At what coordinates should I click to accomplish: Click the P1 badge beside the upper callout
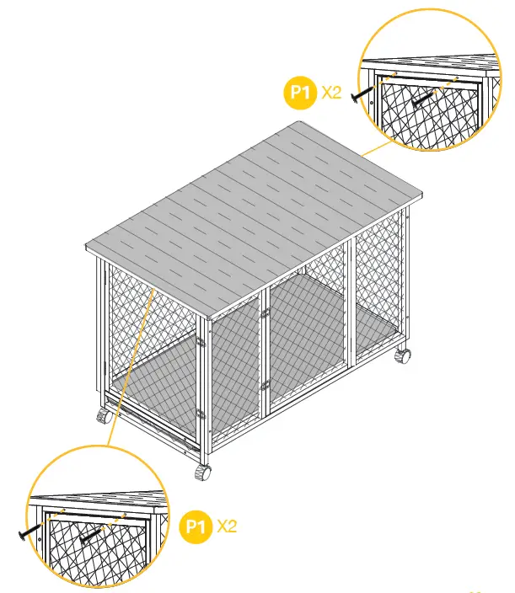point(300,93)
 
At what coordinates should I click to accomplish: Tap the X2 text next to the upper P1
point(331,93)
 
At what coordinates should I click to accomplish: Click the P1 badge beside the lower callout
point(196,527)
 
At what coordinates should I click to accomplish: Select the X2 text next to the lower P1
point(227,527)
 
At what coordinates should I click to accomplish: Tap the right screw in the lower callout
point(90,532)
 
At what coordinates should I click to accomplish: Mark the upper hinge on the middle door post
point(265,313)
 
